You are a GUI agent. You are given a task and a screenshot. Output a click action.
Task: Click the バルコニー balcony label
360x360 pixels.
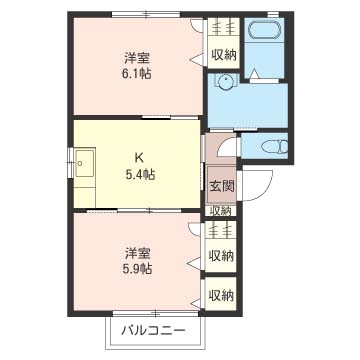(x=153, y=331)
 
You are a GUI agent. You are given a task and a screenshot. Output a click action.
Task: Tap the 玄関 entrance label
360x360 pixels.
(x=222, y=186)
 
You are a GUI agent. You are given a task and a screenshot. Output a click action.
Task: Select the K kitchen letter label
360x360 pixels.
(x=139, y=158)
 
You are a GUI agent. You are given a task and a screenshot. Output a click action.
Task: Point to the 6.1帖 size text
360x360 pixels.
(x=136, y=73)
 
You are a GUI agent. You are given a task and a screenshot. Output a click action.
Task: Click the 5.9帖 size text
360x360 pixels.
(x=137, y=268)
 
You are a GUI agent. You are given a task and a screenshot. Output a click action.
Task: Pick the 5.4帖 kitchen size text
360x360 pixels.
(x=139, y=174)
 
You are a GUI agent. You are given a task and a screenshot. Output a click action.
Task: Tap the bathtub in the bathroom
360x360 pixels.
(x=262, y=31)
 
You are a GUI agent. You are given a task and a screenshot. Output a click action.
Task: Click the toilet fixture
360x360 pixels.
(x=275, y=146)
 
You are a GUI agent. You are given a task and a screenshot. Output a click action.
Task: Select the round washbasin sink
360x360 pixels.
(x=227, y=81)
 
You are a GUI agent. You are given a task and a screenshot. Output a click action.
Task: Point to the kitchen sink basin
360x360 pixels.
(x=84, y=163)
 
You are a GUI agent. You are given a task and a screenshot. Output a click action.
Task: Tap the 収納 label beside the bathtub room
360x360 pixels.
(x=223, y=55)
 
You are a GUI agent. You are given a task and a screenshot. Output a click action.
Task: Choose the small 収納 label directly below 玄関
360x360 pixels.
(x=221, y=211)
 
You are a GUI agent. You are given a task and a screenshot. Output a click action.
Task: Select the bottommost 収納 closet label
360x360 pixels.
(x=221, y=295)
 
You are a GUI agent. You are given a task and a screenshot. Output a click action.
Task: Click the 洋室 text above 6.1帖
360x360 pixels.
(x=137, y=59)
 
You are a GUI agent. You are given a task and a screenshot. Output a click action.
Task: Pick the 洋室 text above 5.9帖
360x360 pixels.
(x=137, y=254)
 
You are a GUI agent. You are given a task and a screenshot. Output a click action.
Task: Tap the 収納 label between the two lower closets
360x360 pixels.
(x=221, y=256)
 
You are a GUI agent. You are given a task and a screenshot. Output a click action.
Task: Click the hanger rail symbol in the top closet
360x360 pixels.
(x=222, y=27)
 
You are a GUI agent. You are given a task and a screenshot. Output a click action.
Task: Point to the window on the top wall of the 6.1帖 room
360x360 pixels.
(x=146, y=14)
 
